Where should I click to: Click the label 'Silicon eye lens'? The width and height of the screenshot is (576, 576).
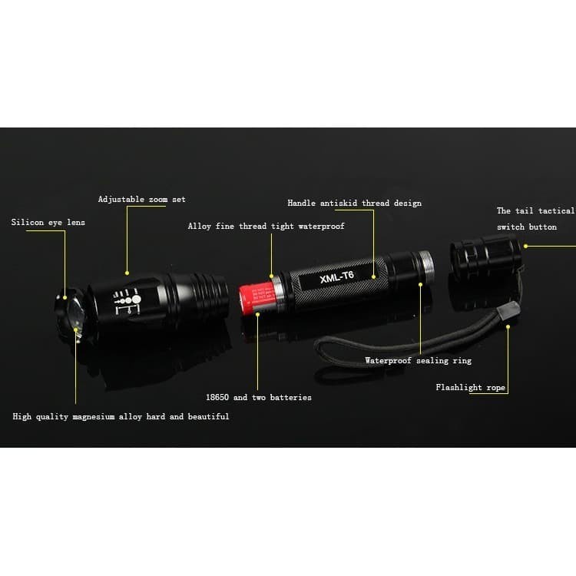point(48,223)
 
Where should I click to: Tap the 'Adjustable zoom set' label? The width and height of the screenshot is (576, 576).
point(141,200)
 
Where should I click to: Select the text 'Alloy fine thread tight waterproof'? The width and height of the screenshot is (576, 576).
point(266,227)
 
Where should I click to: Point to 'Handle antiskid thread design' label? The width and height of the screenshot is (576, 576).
point(354,204)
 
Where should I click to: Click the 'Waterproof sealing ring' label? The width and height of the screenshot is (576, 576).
point(418,361)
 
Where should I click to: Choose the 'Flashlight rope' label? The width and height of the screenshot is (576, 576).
point(470,388)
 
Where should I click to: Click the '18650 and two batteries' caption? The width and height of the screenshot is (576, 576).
point(258,398)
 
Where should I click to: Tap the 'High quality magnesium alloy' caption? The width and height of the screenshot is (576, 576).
point(121,416)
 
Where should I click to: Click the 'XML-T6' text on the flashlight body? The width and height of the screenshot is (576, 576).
point(336,274)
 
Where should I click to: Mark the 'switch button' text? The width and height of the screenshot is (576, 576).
point(526,227)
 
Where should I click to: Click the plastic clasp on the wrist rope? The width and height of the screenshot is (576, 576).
point(508,312)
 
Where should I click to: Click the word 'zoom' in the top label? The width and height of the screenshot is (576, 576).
point(157,200)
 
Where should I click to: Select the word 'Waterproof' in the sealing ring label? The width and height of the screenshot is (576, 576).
point(388,361)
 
